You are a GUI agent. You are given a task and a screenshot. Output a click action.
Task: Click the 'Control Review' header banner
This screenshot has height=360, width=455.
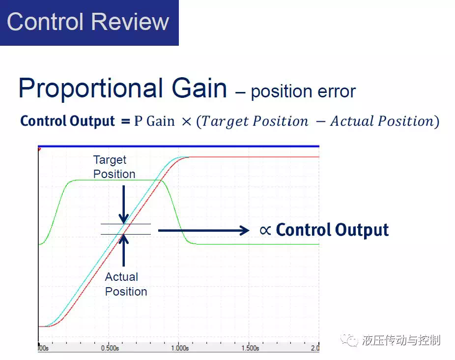pos(89,23)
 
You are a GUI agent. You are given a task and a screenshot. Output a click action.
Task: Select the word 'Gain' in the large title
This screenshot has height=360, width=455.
pos(199,88)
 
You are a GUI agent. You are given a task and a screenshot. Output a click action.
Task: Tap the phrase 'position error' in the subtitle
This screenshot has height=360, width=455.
pos(303,92)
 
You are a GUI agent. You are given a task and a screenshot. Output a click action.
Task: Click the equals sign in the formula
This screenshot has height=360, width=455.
pos(125,121)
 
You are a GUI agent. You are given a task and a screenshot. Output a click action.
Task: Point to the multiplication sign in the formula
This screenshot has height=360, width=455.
pos(187,121)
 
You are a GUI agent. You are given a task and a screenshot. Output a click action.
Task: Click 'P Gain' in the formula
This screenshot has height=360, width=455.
pos(154,121)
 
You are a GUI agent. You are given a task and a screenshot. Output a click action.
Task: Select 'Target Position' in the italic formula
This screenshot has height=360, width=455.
pos(255,121)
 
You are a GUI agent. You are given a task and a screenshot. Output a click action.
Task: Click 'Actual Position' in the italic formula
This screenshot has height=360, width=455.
pos(382,121)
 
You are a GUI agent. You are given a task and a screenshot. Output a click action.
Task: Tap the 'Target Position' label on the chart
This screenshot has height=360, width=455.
pos(114,167)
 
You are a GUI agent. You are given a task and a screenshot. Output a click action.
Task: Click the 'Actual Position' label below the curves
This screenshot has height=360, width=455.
pos(126,284)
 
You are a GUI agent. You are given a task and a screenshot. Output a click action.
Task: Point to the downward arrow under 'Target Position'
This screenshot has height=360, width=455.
pos(124,205)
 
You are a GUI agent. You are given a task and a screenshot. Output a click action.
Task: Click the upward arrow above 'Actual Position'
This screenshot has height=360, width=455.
pos(124,250)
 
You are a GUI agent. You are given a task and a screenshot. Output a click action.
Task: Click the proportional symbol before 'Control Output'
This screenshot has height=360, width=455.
pos(265,231)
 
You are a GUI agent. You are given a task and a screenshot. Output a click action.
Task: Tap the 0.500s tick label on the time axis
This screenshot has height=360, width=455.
pos(110,348)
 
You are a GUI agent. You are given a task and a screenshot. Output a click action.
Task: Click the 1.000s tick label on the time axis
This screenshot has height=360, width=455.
pos(180,348)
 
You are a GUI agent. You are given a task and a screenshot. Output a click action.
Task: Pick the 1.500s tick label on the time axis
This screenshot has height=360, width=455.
pos(250,348)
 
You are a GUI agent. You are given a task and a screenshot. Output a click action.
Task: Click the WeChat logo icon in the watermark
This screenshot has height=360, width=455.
pos(349,340)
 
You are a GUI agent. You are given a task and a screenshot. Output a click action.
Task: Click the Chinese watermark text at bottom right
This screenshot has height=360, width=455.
pos(401,340)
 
